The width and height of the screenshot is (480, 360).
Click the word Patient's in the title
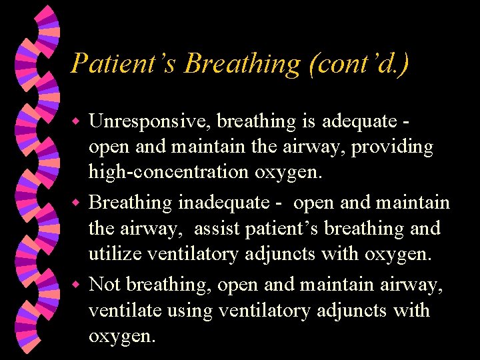[123, 64]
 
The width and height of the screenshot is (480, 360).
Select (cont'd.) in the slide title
[359, 64]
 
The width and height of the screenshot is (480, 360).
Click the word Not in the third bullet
[105, 285]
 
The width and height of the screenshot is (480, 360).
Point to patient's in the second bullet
[286, 229]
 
